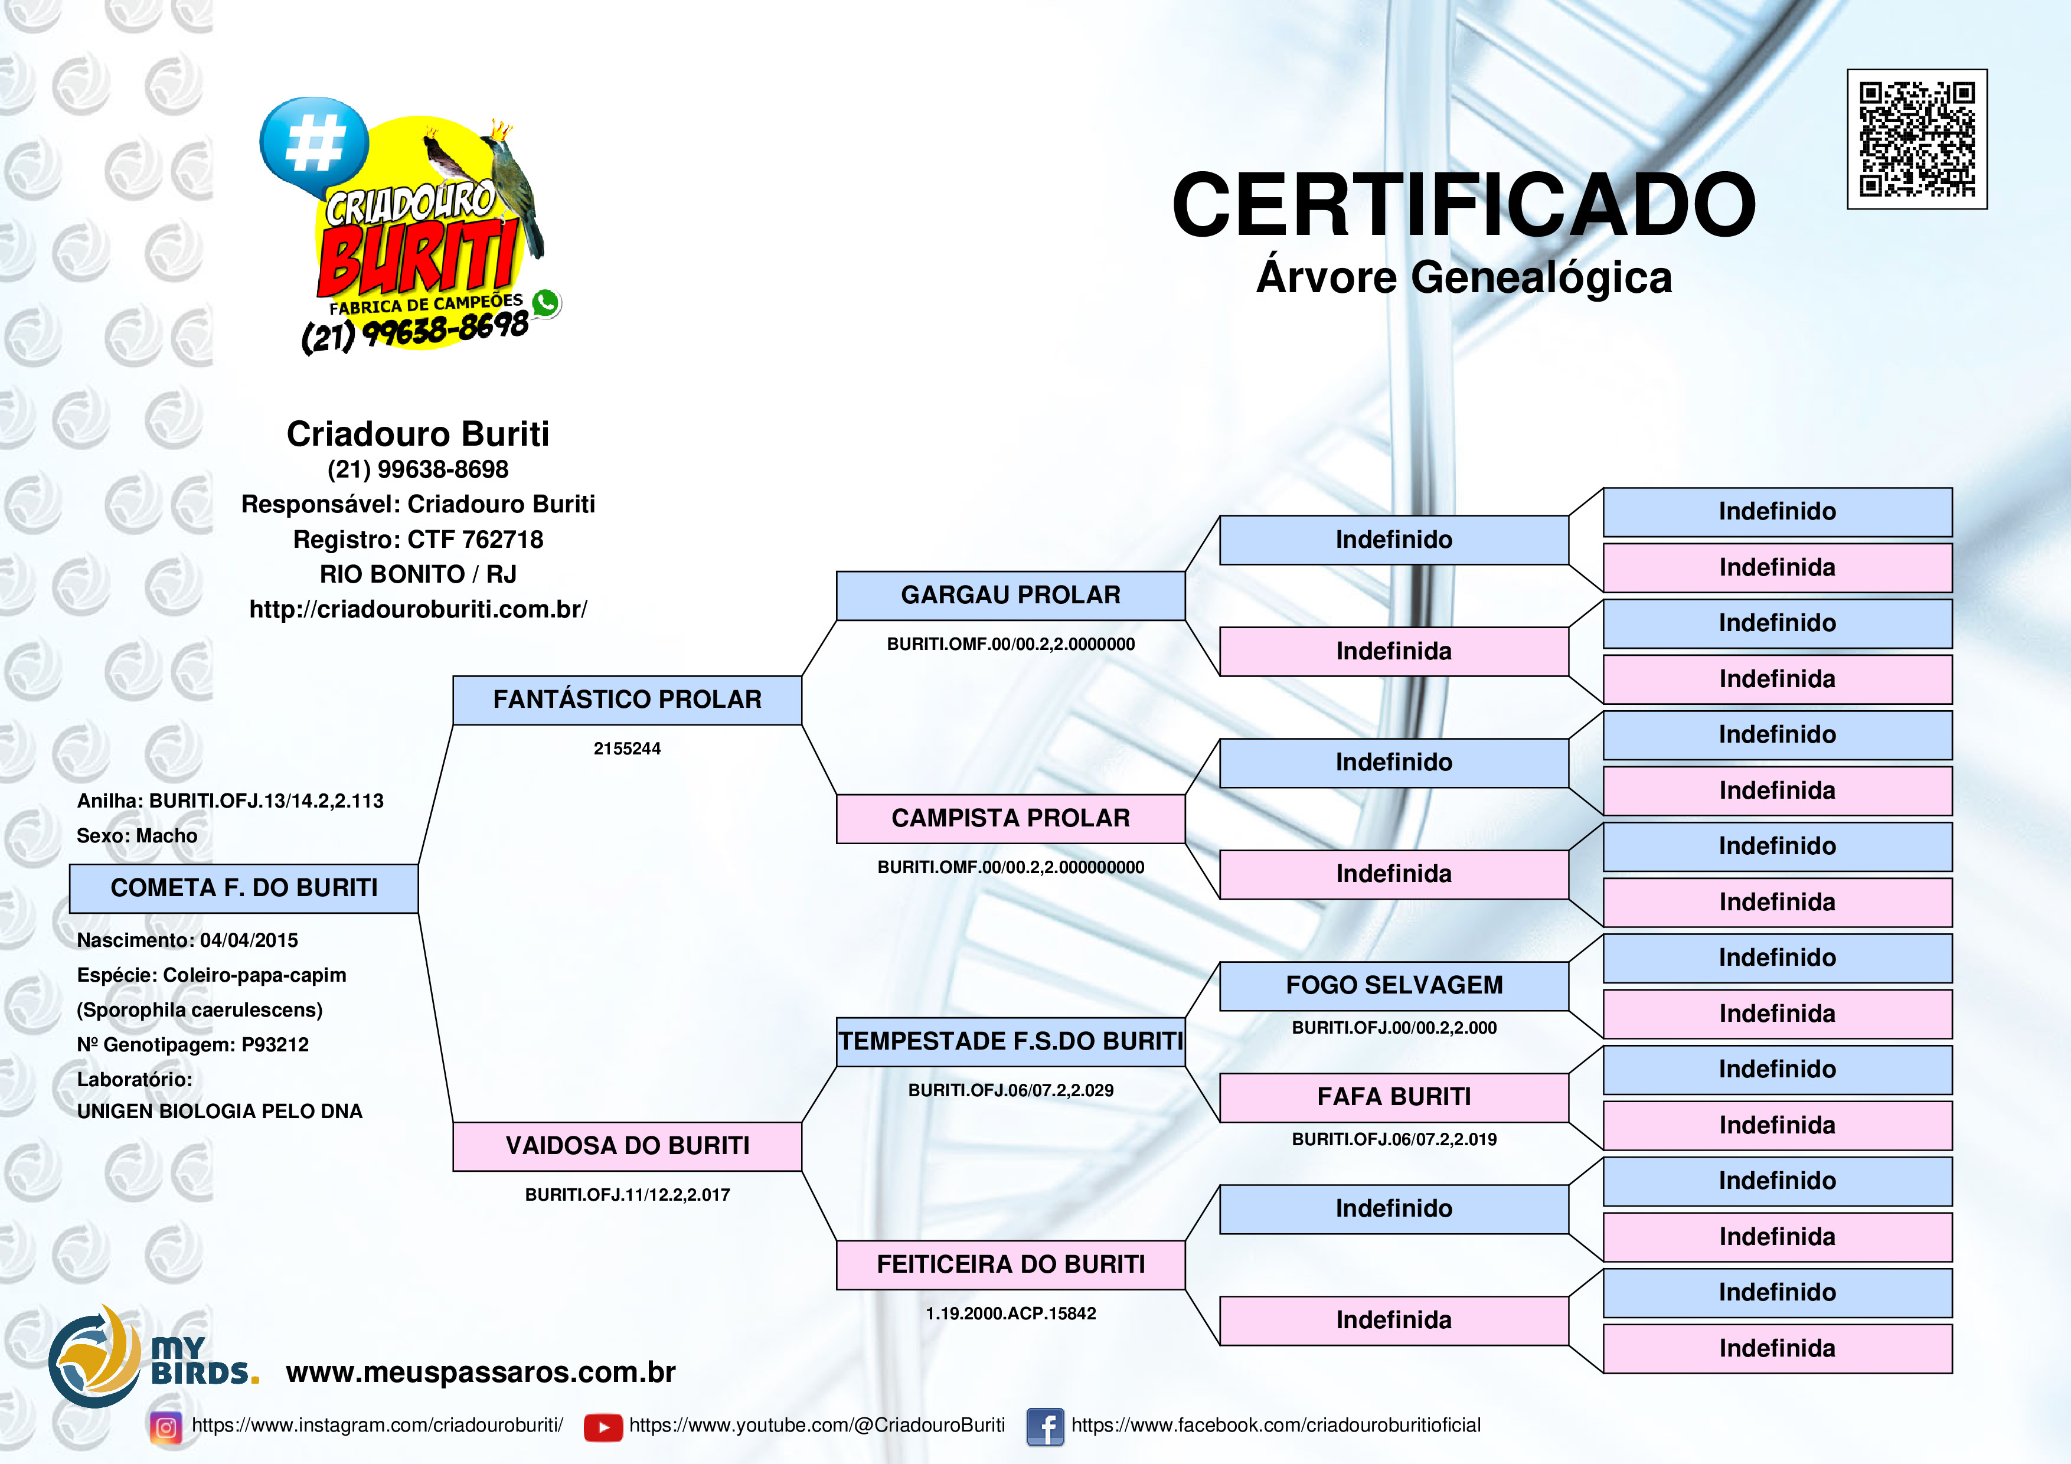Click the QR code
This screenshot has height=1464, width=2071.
pos(1917,139)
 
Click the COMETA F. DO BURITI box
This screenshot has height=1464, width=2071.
pos(244,888)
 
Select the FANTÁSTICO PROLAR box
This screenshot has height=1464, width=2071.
pos(627,700)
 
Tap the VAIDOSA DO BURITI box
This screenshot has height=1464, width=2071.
pos(627,1146)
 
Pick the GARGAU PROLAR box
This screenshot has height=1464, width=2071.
pos(1010,596)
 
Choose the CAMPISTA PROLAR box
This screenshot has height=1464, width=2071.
pos(1010,818)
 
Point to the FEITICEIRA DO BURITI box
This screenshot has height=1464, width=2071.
pos(1010,1264)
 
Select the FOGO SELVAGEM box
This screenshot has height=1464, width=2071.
pos(1394,986)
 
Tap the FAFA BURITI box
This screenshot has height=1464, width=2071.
pos(1394,1097)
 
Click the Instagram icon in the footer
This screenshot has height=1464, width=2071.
pos(166,1427)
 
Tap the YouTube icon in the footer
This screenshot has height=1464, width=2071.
pos(603,1427)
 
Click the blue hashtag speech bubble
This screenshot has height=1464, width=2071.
pos(314,144)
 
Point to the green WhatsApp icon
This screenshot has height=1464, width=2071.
pos(545,303)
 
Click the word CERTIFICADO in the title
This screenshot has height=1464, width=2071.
pos(1463,205)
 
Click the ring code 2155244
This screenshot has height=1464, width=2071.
pos(627,749)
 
